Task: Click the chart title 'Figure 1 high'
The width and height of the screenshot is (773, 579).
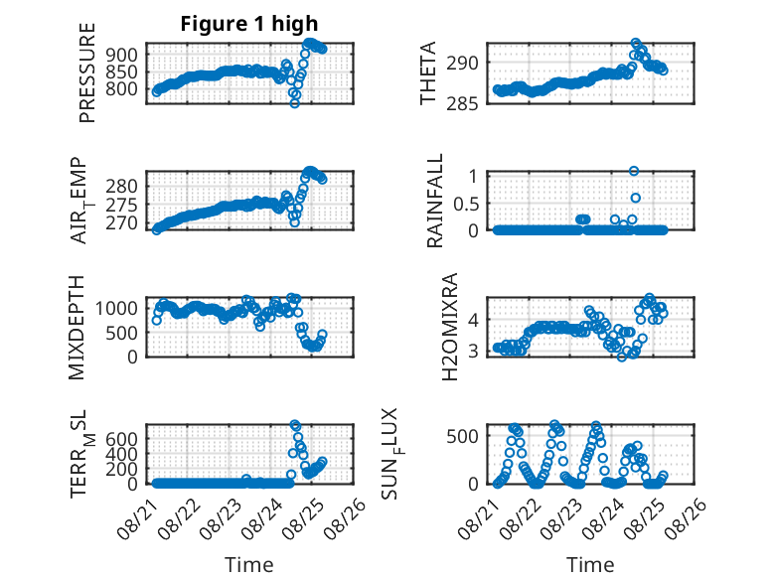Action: pyautogui.click(x=249, y=24)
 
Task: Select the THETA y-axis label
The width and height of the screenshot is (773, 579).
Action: pyautogui.click(x=428, y=73)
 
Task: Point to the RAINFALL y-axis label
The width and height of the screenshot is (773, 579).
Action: pyautogui.click(x=434, y=202)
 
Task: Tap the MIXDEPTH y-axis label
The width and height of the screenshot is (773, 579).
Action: pyautogui.click(x=78, y=327)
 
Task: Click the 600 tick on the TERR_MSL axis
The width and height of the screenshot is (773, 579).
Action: pyautogui.click(x=124, y=437)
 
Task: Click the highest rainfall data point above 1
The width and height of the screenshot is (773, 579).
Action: pyautogui.click(x=634, y=171)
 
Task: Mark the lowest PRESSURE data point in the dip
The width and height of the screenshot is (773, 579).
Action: pyautogui.click(x=294, y=102)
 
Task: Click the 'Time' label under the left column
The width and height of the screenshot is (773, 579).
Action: pyautogui.click(x=249, y=564)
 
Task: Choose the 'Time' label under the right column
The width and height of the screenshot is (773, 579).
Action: pyautogui.click(x=590, y=564)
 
